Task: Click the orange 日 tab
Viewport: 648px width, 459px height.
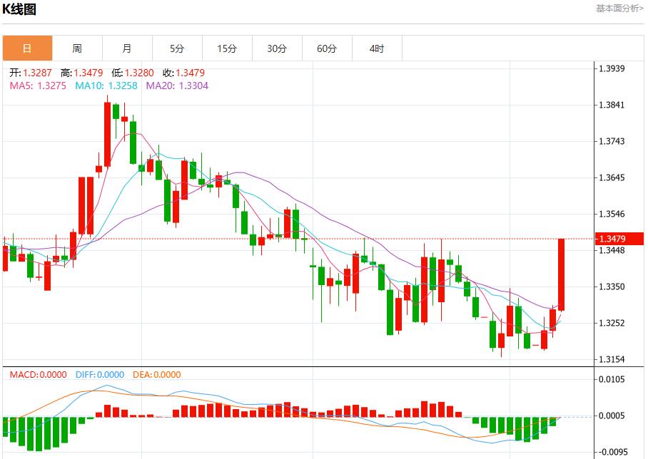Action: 27,48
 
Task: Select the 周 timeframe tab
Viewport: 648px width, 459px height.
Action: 77,48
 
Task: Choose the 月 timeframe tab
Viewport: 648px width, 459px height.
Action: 127,48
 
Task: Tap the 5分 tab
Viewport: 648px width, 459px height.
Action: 177,48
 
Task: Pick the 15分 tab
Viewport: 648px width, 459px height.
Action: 227,48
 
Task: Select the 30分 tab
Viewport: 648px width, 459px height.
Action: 277,48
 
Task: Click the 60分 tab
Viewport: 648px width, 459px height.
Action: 327,48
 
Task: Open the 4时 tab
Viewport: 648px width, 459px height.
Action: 377,48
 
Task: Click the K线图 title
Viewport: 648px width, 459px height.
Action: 19,9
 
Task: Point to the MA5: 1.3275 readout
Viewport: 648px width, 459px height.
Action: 38,86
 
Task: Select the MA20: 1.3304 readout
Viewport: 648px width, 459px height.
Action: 177,86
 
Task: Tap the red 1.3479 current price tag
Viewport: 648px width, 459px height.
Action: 619,239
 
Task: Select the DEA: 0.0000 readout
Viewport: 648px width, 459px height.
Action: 157,375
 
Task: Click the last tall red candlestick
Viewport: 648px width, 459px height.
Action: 562,274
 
